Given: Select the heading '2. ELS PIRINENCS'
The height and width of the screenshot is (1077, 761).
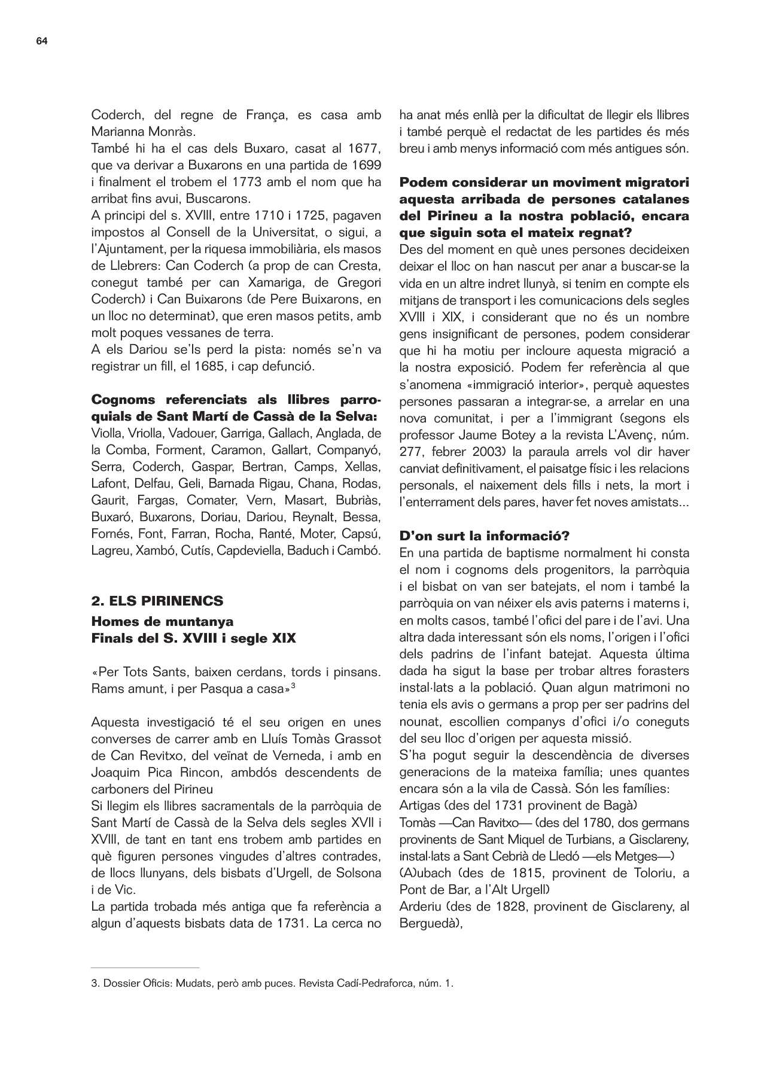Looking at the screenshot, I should coord(157,601).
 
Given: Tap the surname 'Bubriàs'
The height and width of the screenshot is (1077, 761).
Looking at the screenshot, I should coord(358,500).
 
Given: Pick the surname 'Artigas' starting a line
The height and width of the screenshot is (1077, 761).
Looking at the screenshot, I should coord(418,805).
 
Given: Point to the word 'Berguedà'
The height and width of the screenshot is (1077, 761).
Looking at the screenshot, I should coord(429,923).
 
